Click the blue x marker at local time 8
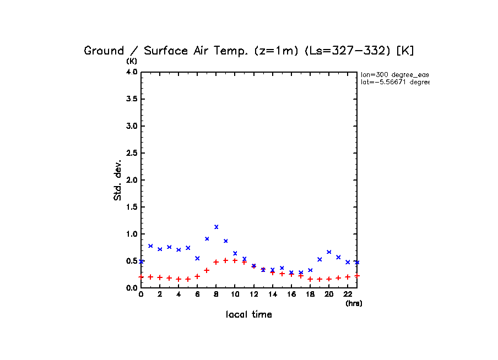tap(216, 227)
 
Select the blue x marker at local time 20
tap(329, 252)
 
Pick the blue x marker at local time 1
tap(150, 246)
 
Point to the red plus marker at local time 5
tap(188, 279)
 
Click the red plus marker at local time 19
tap(320, 279)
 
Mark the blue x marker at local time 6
tap(197, 258)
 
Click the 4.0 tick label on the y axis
tap(131, 72)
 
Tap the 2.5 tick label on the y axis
tap(131, 153)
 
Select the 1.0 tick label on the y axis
tap(131, 234)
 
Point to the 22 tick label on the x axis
tap(348, 295)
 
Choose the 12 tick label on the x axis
tap(253, 295)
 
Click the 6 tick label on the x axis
tap(197, 295)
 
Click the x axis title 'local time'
tap(248, 315)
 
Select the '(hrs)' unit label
tap(354, 303)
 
